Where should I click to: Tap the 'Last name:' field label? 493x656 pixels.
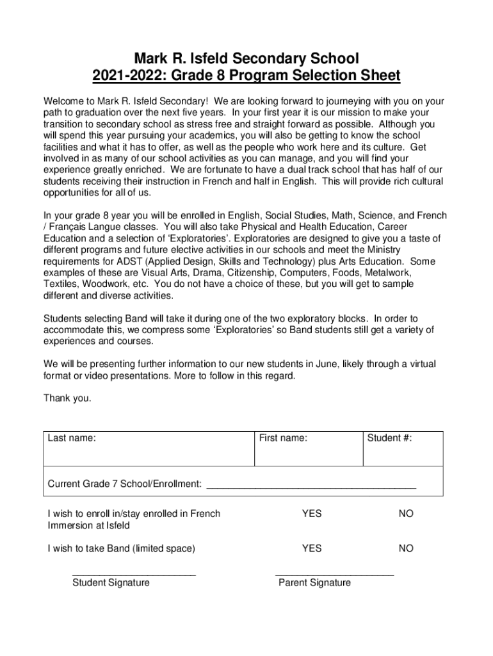click(72, 439)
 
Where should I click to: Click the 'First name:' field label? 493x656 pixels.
click(283, 439)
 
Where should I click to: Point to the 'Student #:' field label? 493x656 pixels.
click(389, 439)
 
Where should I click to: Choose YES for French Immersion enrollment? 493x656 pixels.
click(312, 514)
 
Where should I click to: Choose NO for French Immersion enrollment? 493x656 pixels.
click(406, 514)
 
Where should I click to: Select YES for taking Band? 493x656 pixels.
click(312, 548)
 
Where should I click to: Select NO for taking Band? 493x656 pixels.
click(406, 548)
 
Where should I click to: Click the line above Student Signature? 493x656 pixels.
click(134, 575)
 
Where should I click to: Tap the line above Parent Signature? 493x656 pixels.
click(335, 575)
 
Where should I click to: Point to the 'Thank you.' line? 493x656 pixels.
click(67, 398)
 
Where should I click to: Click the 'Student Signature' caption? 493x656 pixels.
click(111, 583)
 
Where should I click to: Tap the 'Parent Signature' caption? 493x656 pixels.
click(314, 583)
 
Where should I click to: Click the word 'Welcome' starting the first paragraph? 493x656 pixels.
click(63, 101)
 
